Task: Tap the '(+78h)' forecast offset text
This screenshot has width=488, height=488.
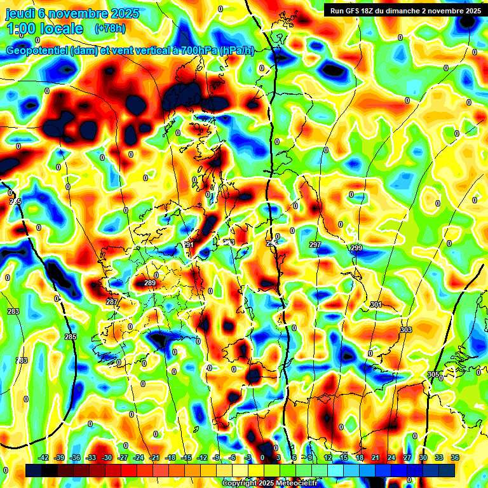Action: pos(110,29)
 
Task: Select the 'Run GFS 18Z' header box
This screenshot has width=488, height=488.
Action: pos(405,10)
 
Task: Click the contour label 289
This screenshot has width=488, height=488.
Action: pos(150,283)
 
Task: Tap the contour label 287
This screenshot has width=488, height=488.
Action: pos(111,302)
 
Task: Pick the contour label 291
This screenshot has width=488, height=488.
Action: pos(188,245)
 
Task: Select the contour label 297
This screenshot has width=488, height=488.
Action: pos(315,245)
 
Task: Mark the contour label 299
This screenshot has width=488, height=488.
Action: pos(356,248)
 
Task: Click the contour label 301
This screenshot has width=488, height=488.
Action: pos(376,305)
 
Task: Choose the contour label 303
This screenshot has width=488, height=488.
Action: pos(406,330)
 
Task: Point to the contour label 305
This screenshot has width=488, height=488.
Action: pos(434,374)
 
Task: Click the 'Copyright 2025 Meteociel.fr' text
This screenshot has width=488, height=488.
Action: pos(269,484)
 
